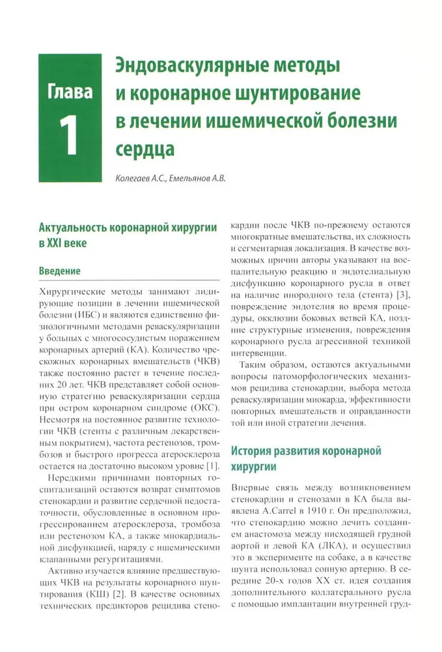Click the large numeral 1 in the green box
pyautogui.click(x=70, y=136)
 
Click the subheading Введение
pyautogui.click(x=60, y=270)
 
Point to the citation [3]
pyautogui.click(x=402, y=296)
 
